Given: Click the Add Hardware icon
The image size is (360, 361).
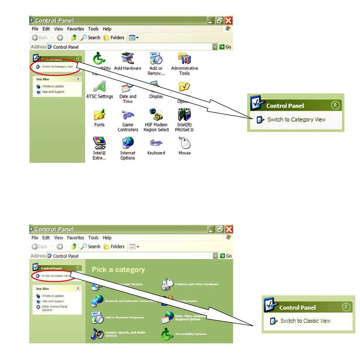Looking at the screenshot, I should (127, 58).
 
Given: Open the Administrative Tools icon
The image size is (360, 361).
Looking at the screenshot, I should (185, 58).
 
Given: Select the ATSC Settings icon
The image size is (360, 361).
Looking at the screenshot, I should (99, 87).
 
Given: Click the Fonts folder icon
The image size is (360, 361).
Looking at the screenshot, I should (99, 115).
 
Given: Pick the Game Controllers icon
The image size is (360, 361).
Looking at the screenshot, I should (127, 115).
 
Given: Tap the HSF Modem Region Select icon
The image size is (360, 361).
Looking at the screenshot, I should (156, 115).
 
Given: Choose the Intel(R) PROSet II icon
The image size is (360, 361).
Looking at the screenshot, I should (185, 115).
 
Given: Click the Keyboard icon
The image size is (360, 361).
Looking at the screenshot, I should (156, 143).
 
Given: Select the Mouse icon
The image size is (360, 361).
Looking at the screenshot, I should (185, 143).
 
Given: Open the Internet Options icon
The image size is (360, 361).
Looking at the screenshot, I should (127, 143).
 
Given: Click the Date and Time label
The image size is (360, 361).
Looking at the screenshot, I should (127, 99).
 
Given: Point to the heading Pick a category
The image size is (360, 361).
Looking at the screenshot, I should (118, 270).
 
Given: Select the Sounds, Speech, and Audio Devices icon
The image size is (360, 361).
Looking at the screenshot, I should (97, 334).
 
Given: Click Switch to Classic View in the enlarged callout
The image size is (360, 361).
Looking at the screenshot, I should (305, 321).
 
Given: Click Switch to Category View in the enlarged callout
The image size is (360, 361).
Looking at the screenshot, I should (296, 120).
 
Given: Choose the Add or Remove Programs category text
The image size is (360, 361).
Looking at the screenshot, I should (124, 317).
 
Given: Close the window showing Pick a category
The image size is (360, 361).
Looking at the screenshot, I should (229, 229).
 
